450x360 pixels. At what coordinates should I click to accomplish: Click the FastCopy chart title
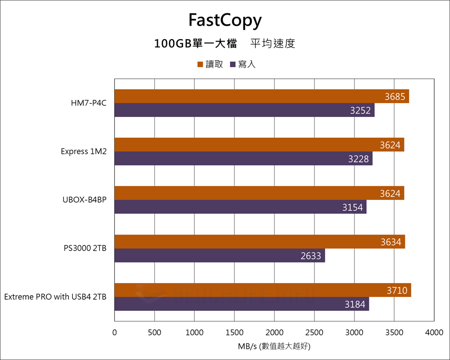(225, 21)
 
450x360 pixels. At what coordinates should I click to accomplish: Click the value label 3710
(397, 291)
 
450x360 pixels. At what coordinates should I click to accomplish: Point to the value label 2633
(311, 256)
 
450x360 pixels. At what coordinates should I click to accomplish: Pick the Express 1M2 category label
(84, 152)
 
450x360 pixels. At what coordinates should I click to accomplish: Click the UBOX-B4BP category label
(85, 200)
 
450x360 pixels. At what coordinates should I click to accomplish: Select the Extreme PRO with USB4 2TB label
(55, 297)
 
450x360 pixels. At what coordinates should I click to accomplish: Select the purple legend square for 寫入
(233, 65)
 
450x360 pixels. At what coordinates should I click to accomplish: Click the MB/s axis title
(274, 347)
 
